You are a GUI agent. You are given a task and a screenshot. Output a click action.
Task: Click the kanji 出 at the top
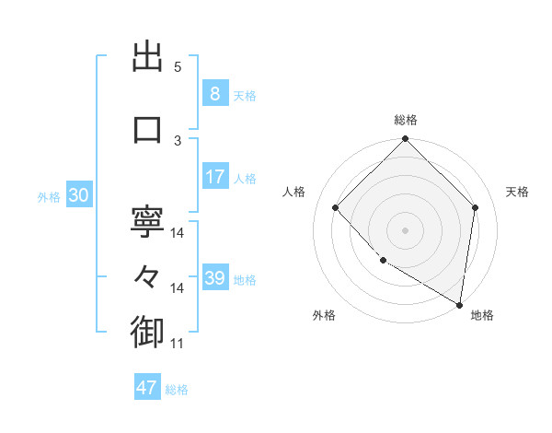point(147,58)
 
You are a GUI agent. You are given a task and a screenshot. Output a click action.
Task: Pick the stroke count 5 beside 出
point(178,67)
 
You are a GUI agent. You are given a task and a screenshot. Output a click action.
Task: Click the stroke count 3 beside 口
point(178,140)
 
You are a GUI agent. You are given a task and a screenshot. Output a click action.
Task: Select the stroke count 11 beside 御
point(178,344)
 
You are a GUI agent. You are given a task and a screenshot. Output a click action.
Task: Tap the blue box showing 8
point(214,95)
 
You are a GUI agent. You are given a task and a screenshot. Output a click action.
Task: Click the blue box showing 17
point(214,177)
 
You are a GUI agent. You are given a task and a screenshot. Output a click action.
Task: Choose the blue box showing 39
point(214,279)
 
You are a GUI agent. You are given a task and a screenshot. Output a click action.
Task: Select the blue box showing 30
point(78,196)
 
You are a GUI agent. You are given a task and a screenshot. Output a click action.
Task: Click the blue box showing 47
point(147,388)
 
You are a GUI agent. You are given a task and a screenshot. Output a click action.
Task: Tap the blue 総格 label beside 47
point(177,390)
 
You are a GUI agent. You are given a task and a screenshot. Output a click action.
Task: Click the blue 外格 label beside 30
point(49,197)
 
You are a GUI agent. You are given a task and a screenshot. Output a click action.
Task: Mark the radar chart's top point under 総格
point(405,140)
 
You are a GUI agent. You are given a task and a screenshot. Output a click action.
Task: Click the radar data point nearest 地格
point(459,304)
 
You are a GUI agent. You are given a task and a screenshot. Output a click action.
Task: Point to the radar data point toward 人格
point(336,207)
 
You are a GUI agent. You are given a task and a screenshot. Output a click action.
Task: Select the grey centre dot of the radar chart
point(405,229)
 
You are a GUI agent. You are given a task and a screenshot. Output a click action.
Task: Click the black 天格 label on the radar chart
point(518,192)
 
